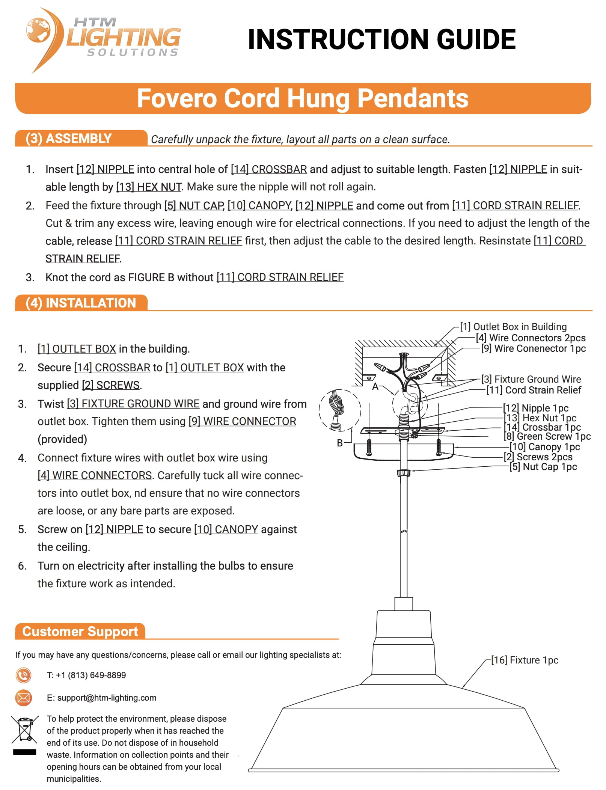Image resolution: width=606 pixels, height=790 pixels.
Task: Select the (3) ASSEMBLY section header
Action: pos(69,139)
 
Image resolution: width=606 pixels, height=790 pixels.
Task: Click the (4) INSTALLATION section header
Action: pos(81,303)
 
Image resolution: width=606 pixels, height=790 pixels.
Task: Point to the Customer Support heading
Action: pos(80,631)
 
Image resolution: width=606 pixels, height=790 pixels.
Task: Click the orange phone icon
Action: pos(23,675)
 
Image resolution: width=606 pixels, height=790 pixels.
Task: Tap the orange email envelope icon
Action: pos(23,698)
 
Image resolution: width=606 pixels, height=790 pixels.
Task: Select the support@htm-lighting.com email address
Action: pos(107,698)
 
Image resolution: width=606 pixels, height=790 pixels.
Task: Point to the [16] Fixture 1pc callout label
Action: pos(525,660)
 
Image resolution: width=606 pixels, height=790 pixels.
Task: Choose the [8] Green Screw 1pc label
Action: pos(547,436)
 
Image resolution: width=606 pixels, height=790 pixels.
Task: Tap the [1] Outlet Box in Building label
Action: pos(513,327)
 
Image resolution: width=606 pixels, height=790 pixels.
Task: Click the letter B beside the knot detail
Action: pos(340,443)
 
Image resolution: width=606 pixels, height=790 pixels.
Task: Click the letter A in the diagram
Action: pos(375,387)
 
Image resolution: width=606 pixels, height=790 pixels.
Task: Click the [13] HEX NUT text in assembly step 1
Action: pos(149,187)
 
